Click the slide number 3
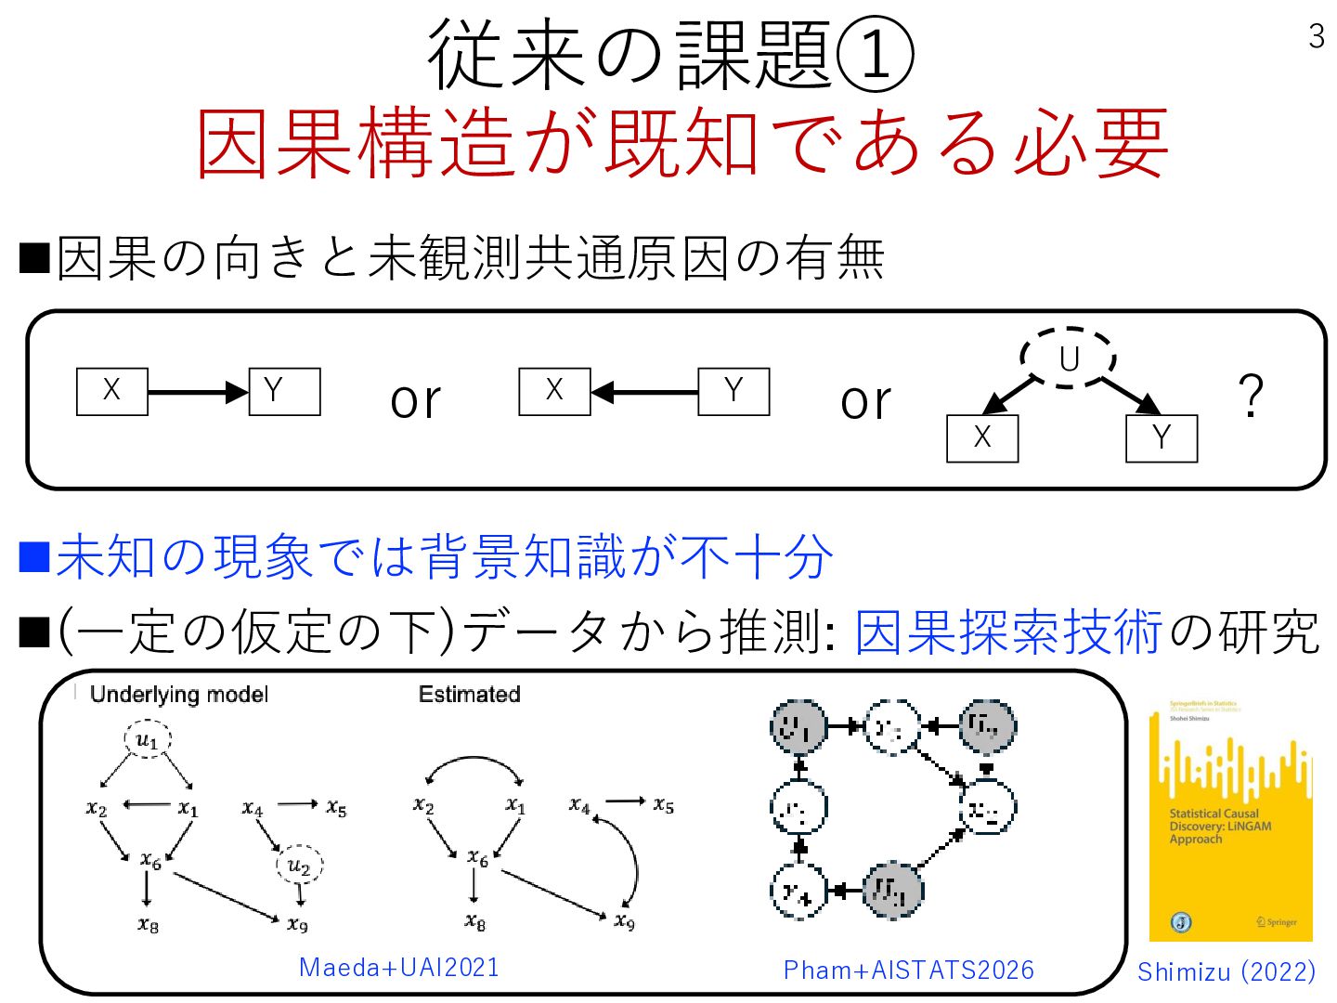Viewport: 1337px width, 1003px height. pos(1316,36)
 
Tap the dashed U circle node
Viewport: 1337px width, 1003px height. pos(1069,358)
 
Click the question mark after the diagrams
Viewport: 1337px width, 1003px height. pos(1251,396)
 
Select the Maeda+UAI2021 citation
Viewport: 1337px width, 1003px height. pos(399,968)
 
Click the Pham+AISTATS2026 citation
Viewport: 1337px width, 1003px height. pos(908,970)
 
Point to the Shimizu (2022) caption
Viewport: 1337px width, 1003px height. pos(1227,971)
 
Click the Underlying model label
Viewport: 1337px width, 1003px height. pos(179,695)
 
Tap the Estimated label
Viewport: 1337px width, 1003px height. pos(469,695)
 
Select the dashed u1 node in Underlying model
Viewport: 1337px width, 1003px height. pos(148,740)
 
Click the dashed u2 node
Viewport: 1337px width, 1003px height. pos(299,866)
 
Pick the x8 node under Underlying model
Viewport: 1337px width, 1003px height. pos(148,924)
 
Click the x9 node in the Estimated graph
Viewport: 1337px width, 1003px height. pos(625,921)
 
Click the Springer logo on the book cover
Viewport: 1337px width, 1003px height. pos(1277,922)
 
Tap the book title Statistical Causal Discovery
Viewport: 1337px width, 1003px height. pos(1219,826)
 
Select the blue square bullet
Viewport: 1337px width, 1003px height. pos(34,556)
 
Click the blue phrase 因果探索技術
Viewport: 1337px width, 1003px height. pos(1008,633)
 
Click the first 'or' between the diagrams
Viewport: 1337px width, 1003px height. pos(415,399)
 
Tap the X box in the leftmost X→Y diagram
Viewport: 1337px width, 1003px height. pos(111,391)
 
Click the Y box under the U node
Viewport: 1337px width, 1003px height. pos(1162,438)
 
